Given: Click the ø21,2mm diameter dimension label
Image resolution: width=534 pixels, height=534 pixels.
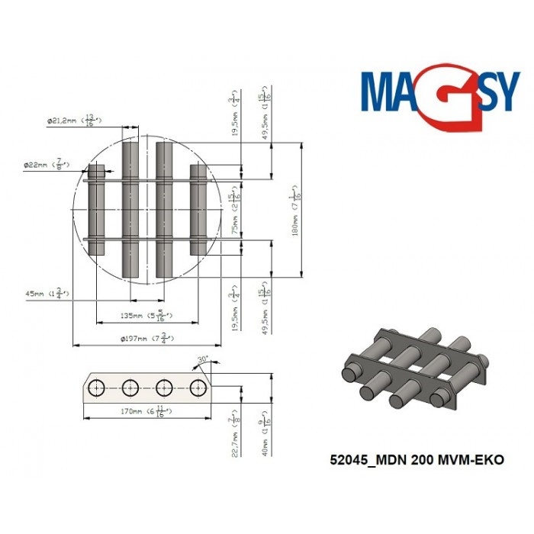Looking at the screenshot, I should tap(72, 120).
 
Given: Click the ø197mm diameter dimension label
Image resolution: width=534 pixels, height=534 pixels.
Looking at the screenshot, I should tap(150, 338).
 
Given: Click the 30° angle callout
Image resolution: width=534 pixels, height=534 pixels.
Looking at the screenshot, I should tap(202, 359).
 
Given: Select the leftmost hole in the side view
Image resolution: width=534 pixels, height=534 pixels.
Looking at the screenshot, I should tap(98, 388).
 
